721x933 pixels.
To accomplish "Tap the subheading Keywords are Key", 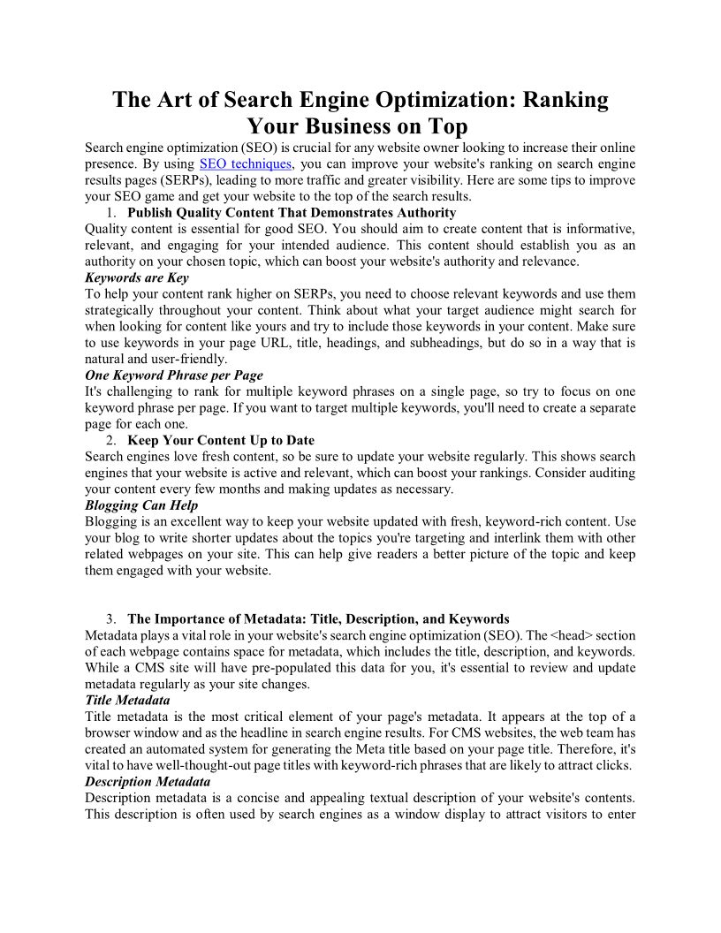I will tap(136, 277).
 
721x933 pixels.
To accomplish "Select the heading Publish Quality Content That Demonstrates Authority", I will tap(292, 212).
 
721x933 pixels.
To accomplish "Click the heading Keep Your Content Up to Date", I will tap(221, 440).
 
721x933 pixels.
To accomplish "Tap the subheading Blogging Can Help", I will tap(141, 505).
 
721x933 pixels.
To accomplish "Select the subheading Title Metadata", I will tap(127, 700).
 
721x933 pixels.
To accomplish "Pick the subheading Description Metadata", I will tap(148, 781).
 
